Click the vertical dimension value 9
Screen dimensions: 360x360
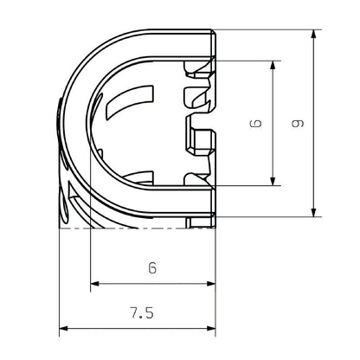297,124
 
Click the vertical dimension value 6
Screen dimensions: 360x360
255,124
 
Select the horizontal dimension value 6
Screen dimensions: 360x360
151,268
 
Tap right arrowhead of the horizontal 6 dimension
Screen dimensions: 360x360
210,284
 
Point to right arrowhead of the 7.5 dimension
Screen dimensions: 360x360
210,329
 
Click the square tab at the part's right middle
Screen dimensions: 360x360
201,138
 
